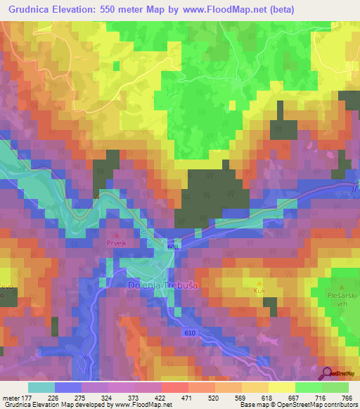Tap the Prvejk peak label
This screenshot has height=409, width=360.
(116, 243)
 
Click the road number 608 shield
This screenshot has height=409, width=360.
(174, 247)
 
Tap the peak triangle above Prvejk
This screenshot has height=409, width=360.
(117, 234)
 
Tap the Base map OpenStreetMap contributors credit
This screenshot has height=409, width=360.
(297, 405)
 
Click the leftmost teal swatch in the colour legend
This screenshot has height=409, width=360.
(41, 387)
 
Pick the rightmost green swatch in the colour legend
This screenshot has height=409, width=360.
(335, 387)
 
